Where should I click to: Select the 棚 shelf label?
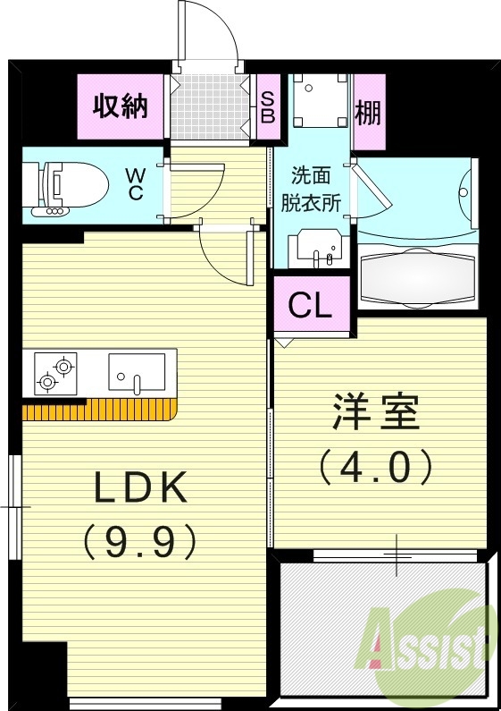point(368,112)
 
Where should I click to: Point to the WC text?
point(135,182)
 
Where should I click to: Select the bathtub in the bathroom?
point(416,277)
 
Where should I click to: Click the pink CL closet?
point(311,306)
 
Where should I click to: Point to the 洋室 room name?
point(375,412)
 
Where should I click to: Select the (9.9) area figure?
point(139,539)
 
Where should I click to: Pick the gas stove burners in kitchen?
point(55,373)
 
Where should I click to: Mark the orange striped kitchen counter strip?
point(98,411)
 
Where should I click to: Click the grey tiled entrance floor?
point(207,106)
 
